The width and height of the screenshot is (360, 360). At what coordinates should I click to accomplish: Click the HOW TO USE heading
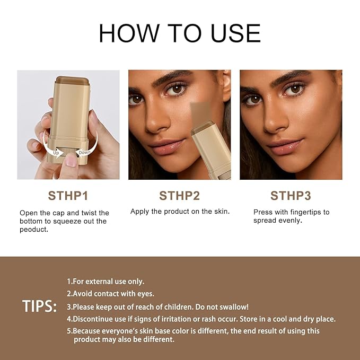click(x=180, y=33)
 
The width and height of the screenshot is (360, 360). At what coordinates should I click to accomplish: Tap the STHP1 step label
click(x=68, y=196)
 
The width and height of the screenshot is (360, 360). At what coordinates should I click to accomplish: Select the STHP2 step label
click(x=180, y=196)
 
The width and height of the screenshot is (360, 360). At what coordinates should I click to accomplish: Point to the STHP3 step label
click(x=291, y=196)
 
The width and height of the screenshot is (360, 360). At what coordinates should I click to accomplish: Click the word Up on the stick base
click(x=55, y=152)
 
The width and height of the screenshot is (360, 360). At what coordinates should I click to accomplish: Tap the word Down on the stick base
click(x=84, y=153)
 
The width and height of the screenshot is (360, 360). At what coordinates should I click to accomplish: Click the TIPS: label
click(x=40, y=306)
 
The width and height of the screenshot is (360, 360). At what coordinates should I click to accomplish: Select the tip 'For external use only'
click(x=106, y=282)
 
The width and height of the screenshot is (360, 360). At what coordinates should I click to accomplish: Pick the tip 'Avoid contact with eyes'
click(x=110, y=294)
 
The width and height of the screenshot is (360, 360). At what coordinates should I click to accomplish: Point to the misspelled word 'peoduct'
click(x=34, y=230)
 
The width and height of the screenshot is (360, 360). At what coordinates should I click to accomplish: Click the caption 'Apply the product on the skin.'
click(x=180, y=212)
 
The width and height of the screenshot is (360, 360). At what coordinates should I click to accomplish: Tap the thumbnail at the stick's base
click(x=70, y=161)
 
